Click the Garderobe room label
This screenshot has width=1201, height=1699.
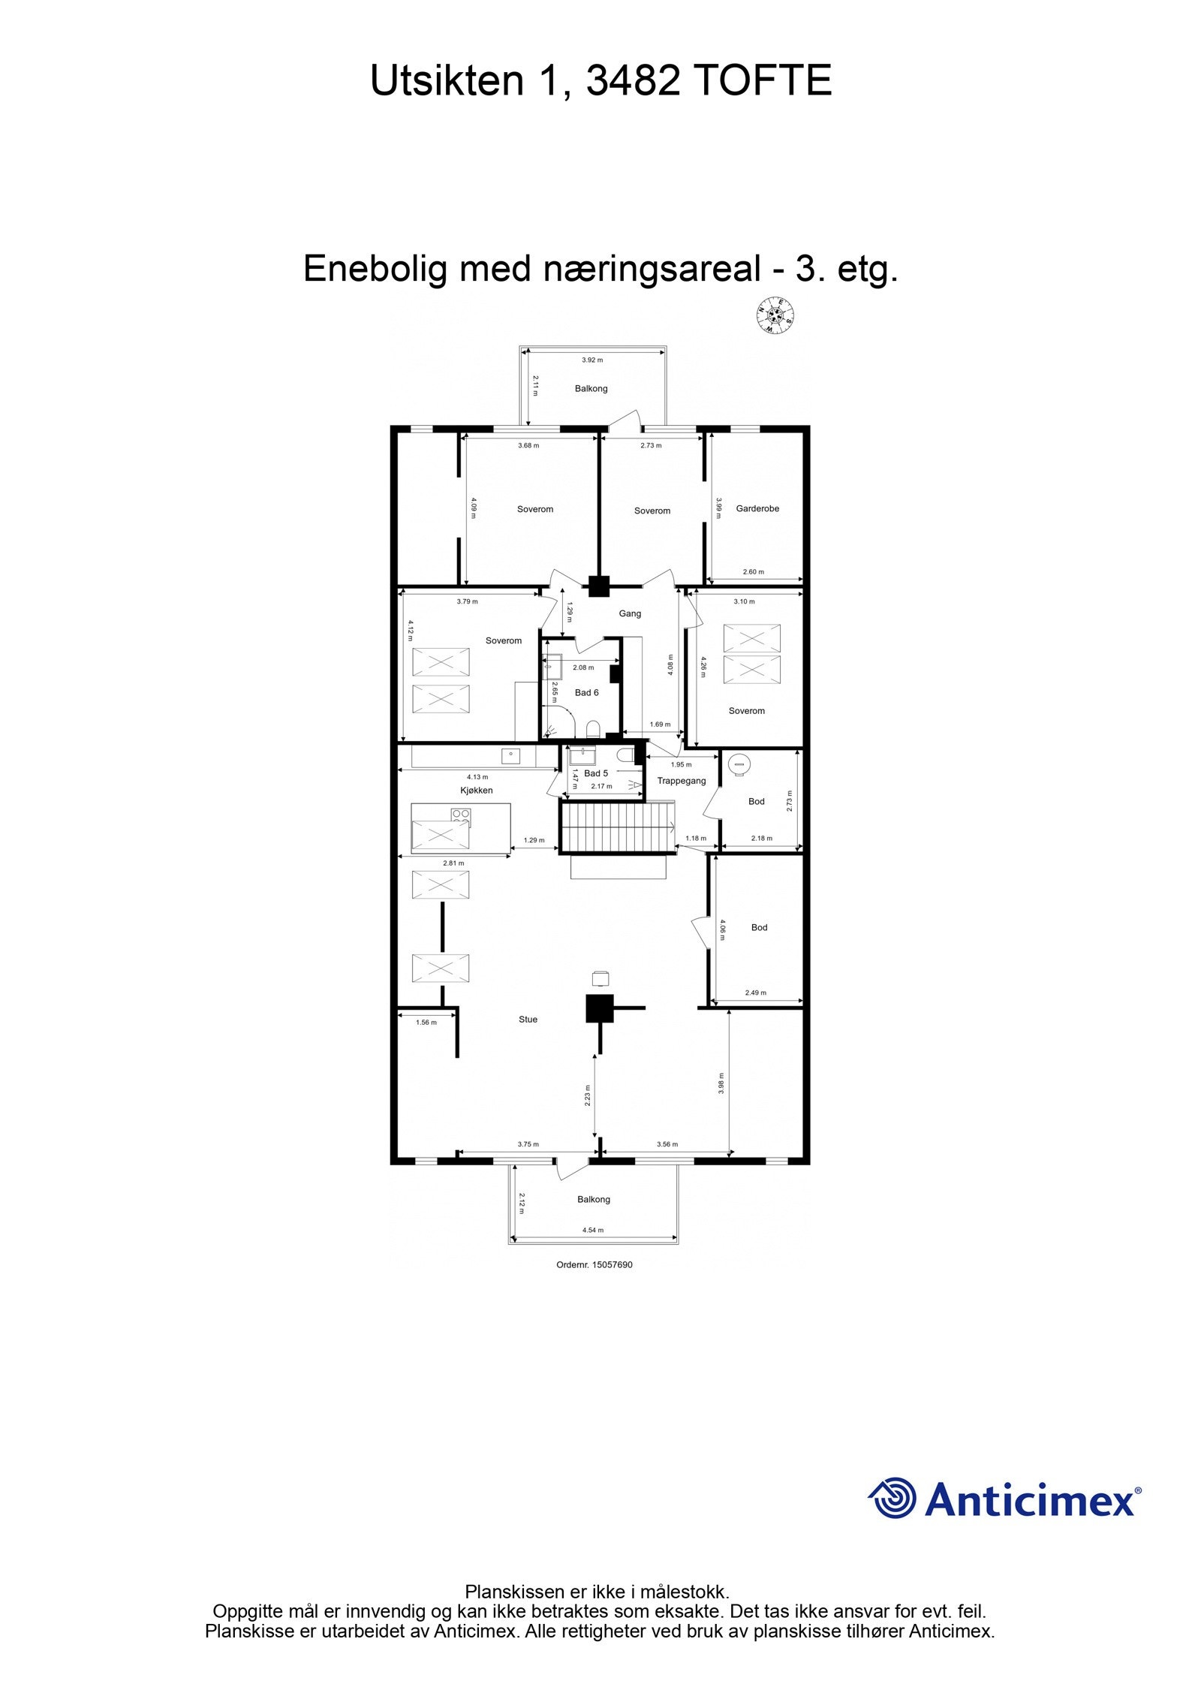click(757, 509)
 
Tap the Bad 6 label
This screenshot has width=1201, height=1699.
click(586, 692)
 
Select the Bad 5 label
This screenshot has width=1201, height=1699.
click(596, 773)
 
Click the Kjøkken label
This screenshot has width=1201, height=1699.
click(477, 791)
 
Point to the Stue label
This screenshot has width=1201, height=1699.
click(528, 1020)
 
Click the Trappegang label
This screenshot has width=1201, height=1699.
click(682, 781)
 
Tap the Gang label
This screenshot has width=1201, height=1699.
click(630, 613)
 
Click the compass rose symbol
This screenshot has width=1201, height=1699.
click(775, 315)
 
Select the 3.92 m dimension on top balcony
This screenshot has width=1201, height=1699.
click(592, 360)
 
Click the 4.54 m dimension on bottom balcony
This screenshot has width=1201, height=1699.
click(593, 1231)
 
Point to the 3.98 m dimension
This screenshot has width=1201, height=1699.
click(721, 1083)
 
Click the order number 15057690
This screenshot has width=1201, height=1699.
click(594, 1265)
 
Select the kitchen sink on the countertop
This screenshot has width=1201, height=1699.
click(510, 755)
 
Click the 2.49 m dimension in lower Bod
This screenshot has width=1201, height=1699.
click(756, 993)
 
